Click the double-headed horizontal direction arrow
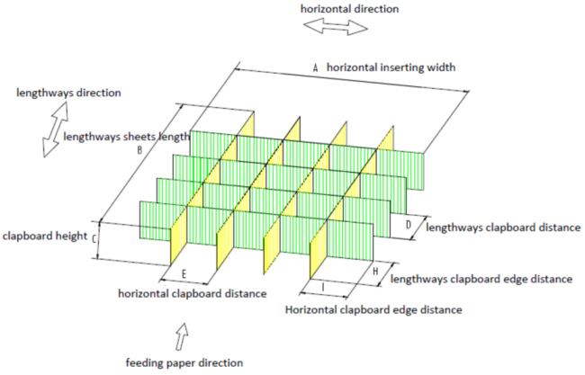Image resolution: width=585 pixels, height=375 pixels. pyautogui.click(x=336, y=27)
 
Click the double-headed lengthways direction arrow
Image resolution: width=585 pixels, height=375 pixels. pyautogui.click(x=56, y=129)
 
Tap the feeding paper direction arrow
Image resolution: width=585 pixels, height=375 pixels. pyautogui.click(x=182, y=335)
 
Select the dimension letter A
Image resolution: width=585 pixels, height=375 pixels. pyautogui.click(x=316, y=67)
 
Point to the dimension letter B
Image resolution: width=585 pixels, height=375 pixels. pyautogui.click(x=139, y=150)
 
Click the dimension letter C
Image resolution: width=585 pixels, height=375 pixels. pyautogui.click(x=94, y=238)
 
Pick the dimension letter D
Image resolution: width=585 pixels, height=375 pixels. pyautogui.click(x=409, y=225)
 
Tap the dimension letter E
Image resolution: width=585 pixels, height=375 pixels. pyautogui.click(x=184, y=274)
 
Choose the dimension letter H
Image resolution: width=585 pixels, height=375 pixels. pyautogui.click(x=375, y=272)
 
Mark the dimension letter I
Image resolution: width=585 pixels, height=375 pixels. pyautogui.click(x=323, y=287)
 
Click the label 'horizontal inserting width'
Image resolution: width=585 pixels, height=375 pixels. pyautogui.click(x=391, y=67)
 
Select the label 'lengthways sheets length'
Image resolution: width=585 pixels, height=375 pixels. pyautogui.click(x=127, y=137)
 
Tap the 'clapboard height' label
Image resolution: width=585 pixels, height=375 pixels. pyautogui.click(x=45, y=236)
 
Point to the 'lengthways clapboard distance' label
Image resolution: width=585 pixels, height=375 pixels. pyautogui.click(x=503, y=228)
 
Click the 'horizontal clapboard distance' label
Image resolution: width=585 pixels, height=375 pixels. pyautogui.click(x=193, y=294)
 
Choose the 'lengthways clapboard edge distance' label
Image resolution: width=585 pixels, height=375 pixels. pyautogui.click(x=481, y=279)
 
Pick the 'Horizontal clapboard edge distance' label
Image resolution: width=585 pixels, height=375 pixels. pyautogui.click(x=373, y=309)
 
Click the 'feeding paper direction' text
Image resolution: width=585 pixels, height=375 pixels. pyautogui.click(x=184, y=362)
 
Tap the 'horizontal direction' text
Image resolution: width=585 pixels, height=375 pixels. pyautogui.click(x=349, y=9)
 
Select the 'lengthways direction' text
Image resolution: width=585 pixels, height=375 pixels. pyautogui.click(x=68, y=93)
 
